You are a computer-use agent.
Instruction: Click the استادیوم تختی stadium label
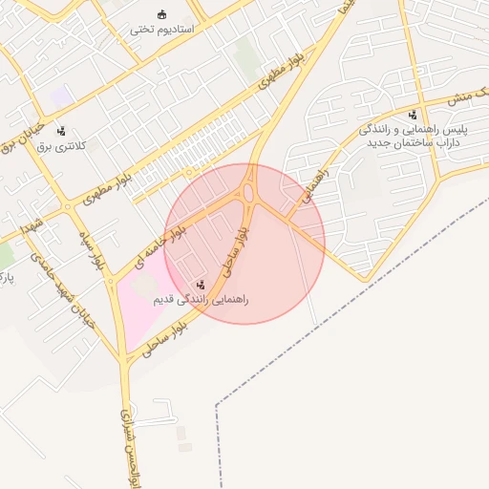[162, 30]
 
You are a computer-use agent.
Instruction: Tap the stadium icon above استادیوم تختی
[162, 14]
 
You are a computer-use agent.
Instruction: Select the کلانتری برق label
[61, 146]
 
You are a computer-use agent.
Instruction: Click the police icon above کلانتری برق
[61, 131]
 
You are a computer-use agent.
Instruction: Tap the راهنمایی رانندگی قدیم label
[201, 300]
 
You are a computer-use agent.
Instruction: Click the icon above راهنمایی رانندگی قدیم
[201, 285]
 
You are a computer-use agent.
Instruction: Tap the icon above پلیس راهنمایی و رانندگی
[412, 115]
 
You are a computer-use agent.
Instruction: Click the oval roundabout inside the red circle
[249, 193]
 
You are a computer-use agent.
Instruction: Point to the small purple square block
[61, 96]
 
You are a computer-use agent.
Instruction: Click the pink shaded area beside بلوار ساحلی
[138, 306]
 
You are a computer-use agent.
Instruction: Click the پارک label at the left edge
[5, 278]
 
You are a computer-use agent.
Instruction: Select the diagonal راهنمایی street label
[313, 183]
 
